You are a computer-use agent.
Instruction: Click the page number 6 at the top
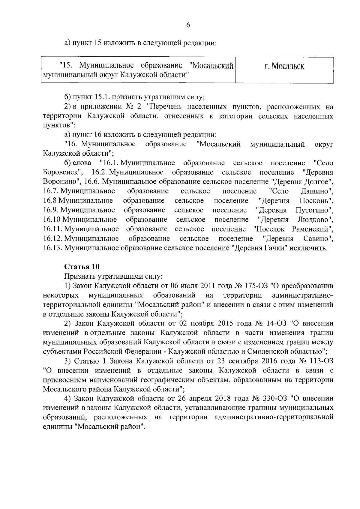(188, 25)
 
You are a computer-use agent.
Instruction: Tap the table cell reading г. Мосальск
(284, 66)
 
